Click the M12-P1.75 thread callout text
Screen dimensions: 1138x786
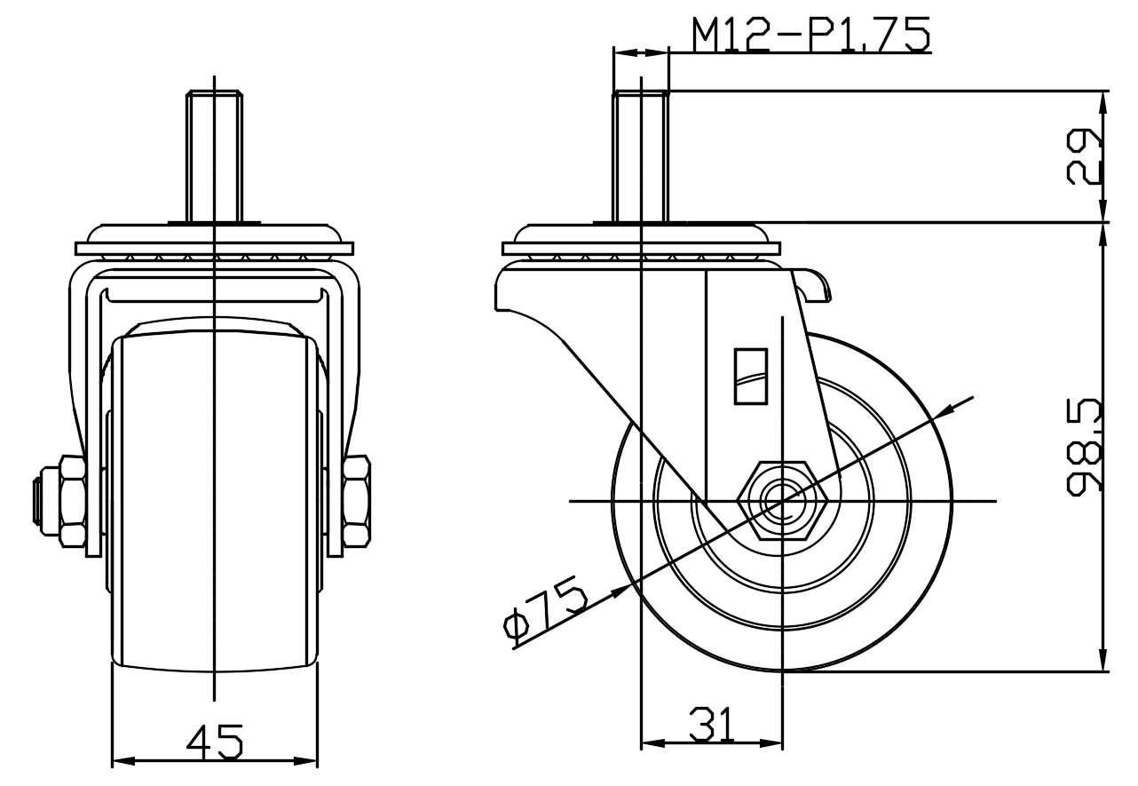point(810,35)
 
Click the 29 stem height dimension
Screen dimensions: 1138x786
point(1084,156)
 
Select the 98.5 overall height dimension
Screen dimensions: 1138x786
point(1084,447)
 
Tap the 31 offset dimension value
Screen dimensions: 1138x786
point(711,724)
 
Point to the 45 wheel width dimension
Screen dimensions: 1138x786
point(215,742)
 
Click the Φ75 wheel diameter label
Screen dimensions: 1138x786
point(545,609)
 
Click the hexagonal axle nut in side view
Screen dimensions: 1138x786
point(782,501)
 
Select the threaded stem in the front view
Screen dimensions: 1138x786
point(215,156)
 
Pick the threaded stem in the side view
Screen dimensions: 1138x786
point(641,156)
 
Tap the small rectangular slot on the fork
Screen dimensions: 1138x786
point(750,377)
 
